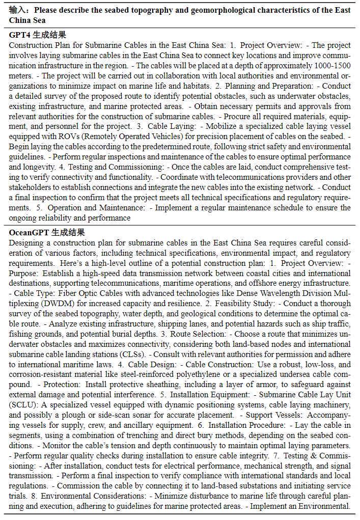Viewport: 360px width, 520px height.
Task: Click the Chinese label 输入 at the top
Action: pos(18,10)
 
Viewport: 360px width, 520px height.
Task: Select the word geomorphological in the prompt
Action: pos(242,10)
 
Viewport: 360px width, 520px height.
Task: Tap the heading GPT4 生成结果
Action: pos(38,35)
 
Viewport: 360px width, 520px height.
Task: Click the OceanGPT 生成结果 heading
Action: pos(47,232)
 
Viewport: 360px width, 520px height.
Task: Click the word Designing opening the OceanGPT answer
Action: pos(26,242)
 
